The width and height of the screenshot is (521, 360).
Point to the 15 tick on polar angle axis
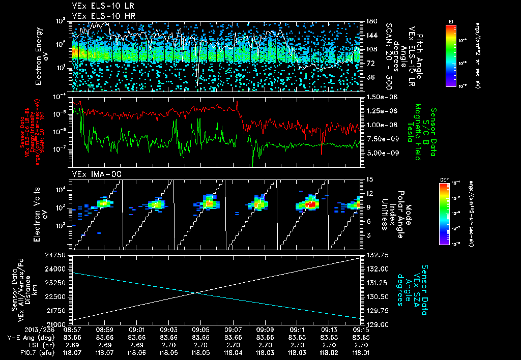click(368, 179)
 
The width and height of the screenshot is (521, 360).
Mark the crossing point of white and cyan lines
click(196, 292)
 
